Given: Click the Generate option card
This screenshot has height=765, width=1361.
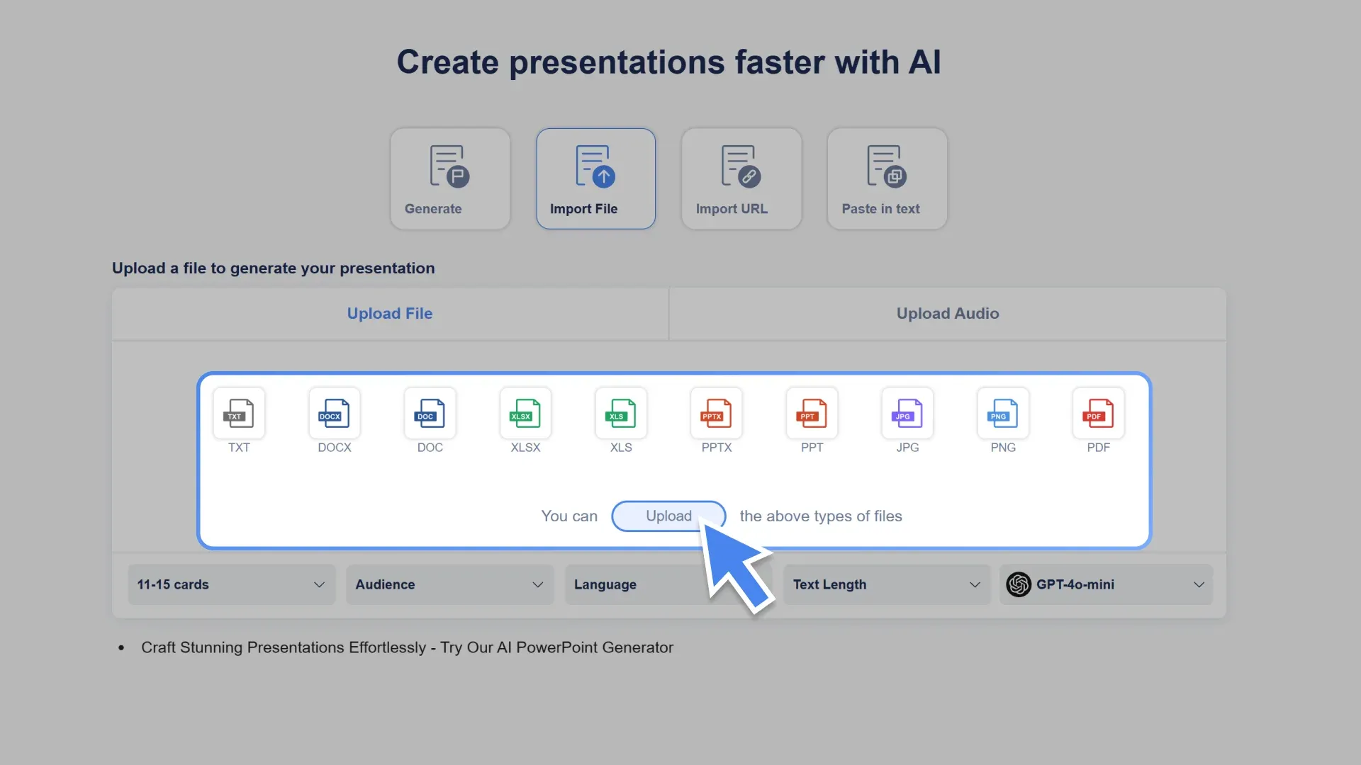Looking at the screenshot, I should point(449,178).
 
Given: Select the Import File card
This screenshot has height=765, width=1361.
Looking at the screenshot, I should point(595,178).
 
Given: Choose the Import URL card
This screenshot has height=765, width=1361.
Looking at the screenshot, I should point(741,178).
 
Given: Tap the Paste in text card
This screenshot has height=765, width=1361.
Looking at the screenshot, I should point(887,178).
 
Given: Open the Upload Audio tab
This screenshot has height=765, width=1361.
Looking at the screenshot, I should point(947,313).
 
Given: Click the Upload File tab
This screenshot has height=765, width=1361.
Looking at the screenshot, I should point(389,313).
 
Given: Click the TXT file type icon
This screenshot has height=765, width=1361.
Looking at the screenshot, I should point(239,414).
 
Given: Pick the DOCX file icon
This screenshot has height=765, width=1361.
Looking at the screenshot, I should point(335,414).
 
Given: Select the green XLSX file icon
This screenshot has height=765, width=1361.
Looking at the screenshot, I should point(525,414).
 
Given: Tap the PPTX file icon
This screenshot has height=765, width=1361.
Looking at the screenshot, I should point(716,414).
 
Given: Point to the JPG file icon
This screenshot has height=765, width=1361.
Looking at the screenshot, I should point(907,414).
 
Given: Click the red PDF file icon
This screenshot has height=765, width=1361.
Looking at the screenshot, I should point(1098,414).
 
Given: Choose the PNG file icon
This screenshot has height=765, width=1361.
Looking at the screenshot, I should point(1002,414).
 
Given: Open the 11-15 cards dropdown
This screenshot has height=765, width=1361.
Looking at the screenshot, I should point(231,584).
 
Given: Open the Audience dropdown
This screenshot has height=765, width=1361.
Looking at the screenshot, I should point(449,584).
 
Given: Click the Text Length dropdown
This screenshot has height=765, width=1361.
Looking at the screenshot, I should point(886,584).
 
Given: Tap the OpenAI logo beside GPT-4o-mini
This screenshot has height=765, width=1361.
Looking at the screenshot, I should point(1019,584).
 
